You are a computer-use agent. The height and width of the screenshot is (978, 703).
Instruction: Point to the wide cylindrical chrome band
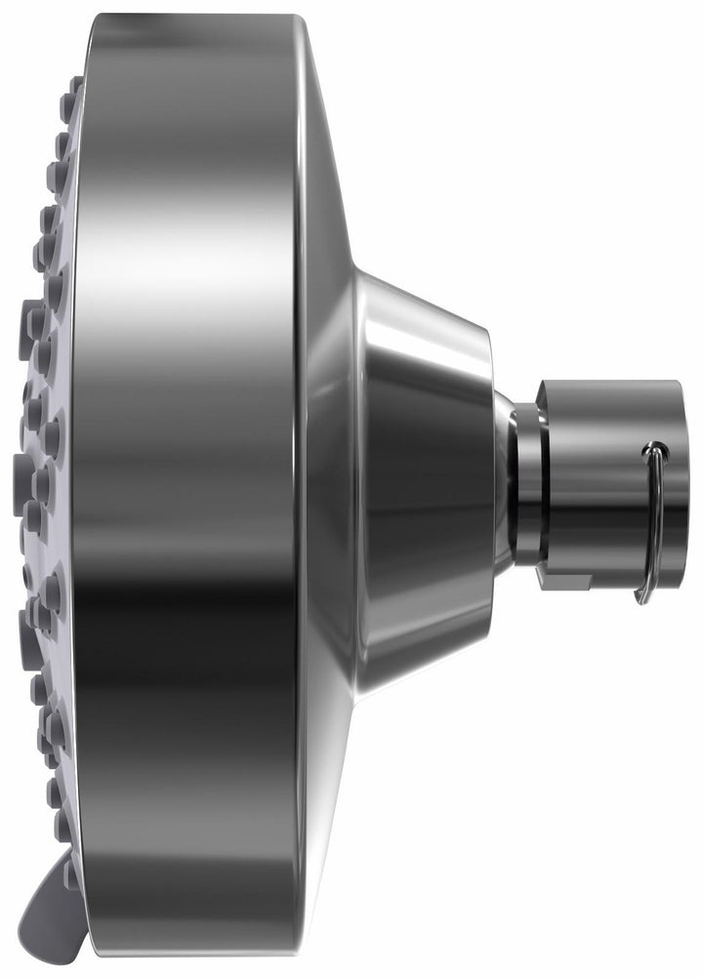pyautogui.click(x=186, y=488)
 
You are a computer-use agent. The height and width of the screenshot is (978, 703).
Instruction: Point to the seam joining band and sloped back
pyautogui.click(x=297, y=488)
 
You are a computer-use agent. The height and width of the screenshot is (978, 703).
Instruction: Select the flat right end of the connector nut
pyautogui.click(x=672, y=478)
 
